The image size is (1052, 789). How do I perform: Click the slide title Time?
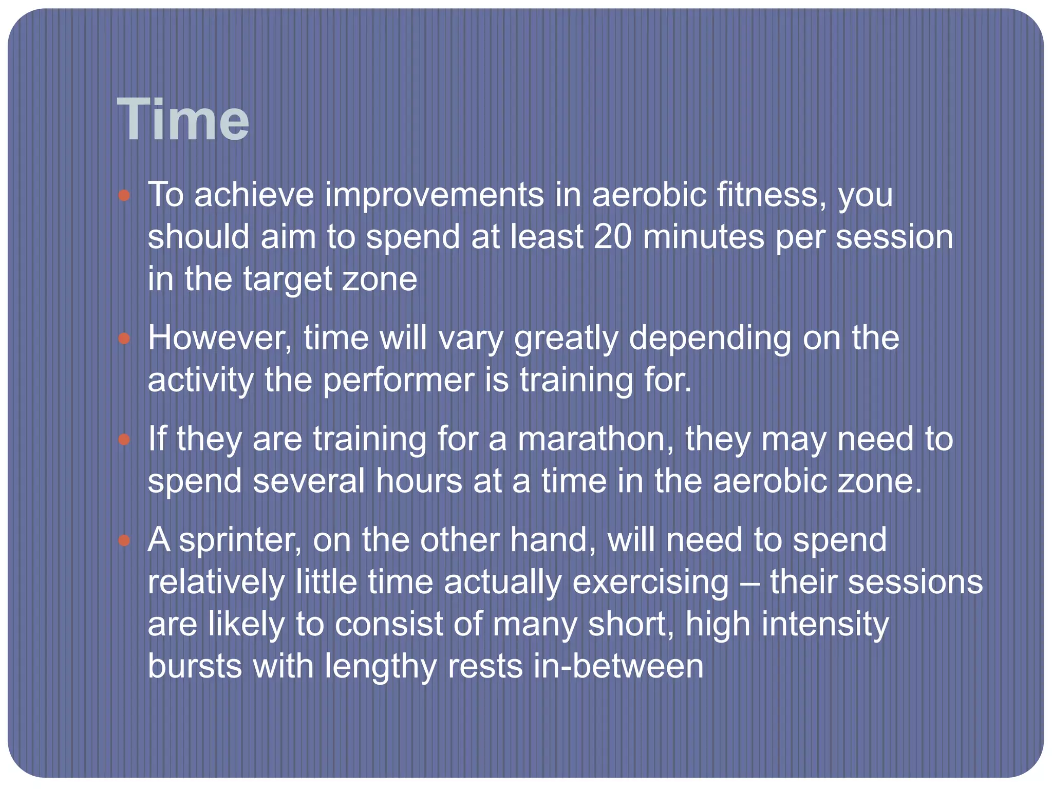coord(183,120)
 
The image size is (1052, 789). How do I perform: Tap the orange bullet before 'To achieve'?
coord(124,196)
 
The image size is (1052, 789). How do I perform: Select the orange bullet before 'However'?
coord(124,339)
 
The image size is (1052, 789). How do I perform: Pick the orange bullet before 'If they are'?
coord(124,440)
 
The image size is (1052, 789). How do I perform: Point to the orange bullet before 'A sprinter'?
coord(124,540)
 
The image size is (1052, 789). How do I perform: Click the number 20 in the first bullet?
coord(612,237)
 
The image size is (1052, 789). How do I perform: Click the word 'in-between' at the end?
coord(618,666)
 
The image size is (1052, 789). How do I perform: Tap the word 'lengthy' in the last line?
coord(380,667)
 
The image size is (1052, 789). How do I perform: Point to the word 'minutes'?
coord(703,237)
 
